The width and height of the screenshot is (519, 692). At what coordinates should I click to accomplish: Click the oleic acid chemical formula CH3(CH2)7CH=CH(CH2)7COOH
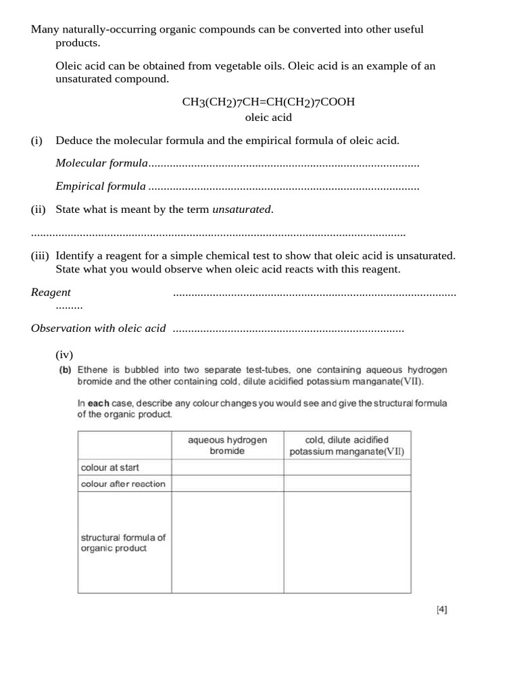pyautogui.click(x=268, y=102)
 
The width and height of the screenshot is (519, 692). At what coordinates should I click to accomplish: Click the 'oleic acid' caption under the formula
pyautogui.click(x=268, y=118)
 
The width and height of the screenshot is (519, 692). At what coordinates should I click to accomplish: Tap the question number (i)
pyautogui.click(x=36, y=141)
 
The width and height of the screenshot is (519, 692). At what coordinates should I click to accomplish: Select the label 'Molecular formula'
pyautogui.click(x=101, y=163)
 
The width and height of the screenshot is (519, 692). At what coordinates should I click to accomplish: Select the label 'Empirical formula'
pyautogui.click(x=101, y=186)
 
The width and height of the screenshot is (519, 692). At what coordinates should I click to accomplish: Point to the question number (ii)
pyautogui.click(x=38, y=209)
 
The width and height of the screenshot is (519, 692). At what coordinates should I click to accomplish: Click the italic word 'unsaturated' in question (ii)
pyautogui.click(x=242, y=209)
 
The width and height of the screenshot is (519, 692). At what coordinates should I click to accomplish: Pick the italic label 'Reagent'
pyautogui.click(x=51, y=292)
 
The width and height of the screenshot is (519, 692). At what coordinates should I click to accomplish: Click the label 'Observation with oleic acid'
pyautogui.click(x=98, y=328)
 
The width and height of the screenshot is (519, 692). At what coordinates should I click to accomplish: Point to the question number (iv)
pyautogui.click(x=64, y=354)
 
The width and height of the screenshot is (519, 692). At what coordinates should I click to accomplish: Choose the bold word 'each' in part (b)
pyautogui.click(x=98, y=403)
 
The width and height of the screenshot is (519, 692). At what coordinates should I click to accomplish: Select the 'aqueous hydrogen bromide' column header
pyautogui.click(x=227, y=445)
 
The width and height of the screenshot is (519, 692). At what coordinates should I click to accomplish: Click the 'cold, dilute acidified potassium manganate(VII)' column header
pyautogui.click(x=347, y=445)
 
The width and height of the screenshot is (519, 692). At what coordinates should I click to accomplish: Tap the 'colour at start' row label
pyautogui.click(x=110, y=467)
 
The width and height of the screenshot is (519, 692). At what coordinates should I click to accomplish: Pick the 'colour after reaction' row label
pyautogui.click(x=123, y=484)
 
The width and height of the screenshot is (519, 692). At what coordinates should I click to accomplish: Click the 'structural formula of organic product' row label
pyautogui.click(x=123, y=543)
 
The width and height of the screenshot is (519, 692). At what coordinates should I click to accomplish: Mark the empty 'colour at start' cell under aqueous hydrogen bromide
pyautogui.click(x=227, y=467)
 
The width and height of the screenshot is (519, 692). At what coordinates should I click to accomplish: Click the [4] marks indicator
pyautogui.click(x=442, y=610)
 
